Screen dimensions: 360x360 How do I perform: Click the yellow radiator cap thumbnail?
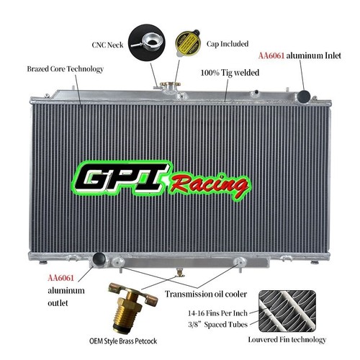[x=188, y=43]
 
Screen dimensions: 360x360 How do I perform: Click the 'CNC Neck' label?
[x=107, y=45]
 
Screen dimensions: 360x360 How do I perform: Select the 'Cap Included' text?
[x=228, y=44]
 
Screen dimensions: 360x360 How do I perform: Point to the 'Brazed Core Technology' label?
[x=65, y=69]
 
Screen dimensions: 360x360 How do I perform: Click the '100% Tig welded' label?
[x=230, y=73]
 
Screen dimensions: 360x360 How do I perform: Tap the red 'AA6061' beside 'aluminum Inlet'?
[x=271, y=55]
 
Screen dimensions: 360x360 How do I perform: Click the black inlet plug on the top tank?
[x=304, y=96]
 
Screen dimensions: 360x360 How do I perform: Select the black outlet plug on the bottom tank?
[x=99, y=258]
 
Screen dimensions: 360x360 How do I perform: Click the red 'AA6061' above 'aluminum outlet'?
[x=60, y=278]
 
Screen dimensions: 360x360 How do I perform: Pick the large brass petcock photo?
[x=132, y=307]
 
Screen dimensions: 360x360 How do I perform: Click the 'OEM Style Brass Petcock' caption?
[x=123, y=341]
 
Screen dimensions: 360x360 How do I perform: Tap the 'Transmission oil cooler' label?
[x=206, y=294]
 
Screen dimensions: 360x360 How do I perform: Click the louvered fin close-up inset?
[x=287, y=311]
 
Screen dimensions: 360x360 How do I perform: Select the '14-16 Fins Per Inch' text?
[x=217, y=313]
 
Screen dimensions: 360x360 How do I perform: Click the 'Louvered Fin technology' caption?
[x=287, y=340]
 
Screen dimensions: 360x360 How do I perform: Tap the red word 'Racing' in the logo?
[x=210, y=186]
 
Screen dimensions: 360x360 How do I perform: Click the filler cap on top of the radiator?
[x=170, y=84]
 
